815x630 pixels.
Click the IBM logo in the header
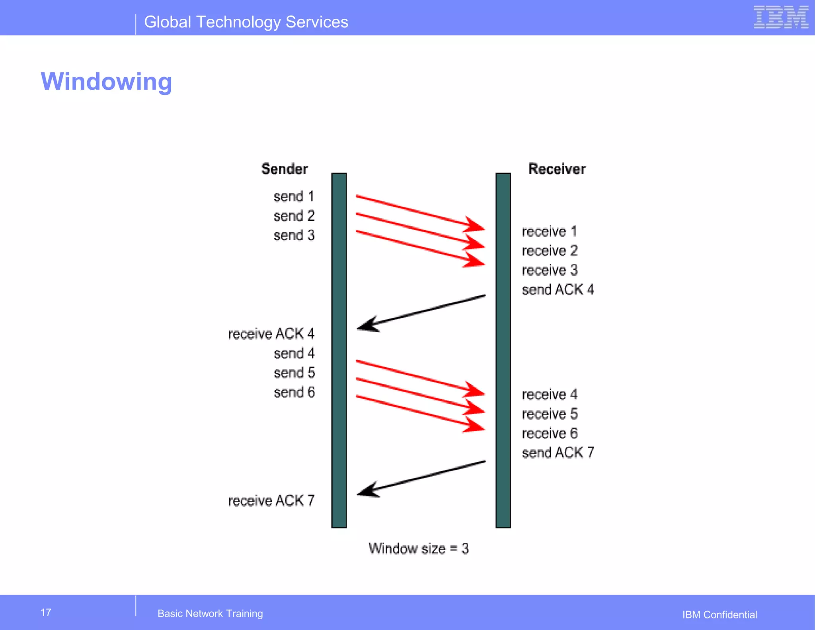[x=781, y=17]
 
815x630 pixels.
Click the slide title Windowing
[x=106, y=82]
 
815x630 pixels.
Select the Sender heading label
[x=284, y=169]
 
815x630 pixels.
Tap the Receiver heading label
[x=557, y=169]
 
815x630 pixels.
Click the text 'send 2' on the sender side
[x=294, y=216]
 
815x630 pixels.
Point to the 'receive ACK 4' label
[x=271, y=334]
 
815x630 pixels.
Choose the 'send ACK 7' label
[x=558, y=453]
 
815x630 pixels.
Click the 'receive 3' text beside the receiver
[x=550, y=270]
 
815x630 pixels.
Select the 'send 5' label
[x=294, y=373]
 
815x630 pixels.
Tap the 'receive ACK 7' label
[x=271, y=500]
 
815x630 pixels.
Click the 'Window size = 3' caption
[x=419, y=549]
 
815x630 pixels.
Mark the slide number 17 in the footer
[x=46, y=612]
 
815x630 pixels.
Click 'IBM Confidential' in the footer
[x=719, y=615]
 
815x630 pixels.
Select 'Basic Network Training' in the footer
[x=210, y=614]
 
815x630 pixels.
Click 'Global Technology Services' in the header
[x=246, y=22]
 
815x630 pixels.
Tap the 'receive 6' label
[x=550, y=433]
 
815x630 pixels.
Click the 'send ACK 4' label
[x=558, y=290]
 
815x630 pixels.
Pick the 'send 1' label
[x=294, y=196]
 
